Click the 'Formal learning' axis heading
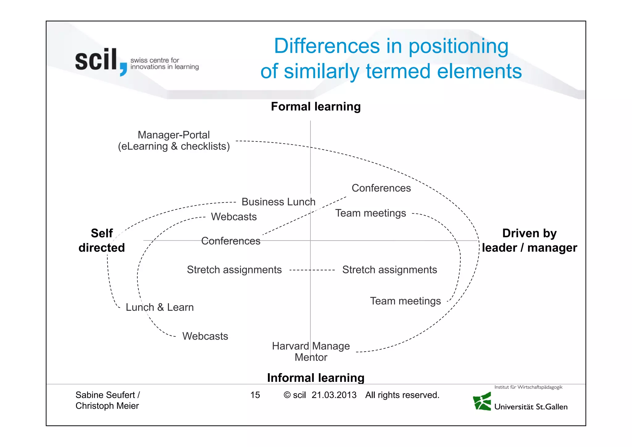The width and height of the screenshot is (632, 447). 316,107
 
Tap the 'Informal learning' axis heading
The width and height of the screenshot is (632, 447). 316,378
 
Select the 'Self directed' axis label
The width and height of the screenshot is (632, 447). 102,240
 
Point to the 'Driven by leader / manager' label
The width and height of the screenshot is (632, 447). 529,240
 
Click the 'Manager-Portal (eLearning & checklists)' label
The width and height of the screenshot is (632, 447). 174,140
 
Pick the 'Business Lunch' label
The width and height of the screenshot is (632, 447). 278,202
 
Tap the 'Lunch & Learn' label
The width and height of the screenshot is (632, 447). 160,307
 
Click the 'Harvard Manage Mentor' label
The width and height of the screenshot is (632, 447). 311,352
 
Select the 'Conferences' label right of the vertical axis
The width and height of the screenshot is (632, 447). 381,188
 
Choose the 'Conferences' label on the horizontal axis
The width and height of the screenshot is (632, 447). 231,241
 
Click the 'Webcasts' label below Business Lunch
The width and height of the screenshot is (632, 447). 234,217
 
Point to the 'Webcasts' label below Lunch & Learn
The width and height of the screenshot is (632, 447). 205,336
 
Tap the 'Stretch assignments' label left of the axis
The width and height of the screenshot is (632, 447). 234,270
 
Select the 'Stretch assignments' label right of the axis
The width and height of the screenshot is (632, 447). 389,270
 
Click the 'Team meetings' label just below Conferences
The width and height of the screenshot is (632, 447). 370,213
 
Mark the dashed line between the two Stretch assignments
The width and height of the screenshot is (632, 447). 312,270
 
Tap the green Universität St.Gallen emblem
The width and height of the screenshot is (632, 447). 482,402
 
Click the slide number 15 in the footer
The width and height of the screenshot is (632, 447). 255,395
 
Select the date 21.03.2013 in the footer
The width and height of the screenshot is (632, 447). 334,395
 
